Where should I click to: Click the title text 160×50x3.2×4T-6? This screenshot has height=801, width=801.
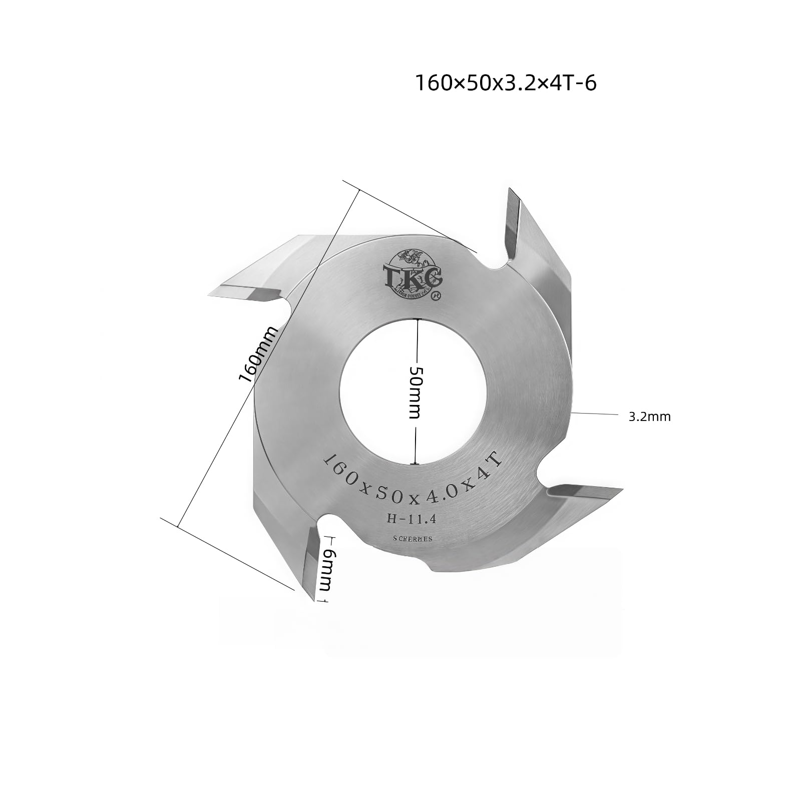pos(506,84)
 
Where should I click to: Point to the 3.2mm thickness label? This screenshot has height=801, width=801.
pos(649,417)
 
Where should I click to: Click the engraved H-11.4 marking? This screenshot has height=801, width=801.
pos(412,520)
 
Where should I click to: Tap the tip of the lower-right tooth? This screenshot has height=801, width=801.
pos(621,489)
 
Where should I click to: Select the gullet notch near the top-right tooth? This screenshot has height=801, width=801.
pos(497,265)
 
